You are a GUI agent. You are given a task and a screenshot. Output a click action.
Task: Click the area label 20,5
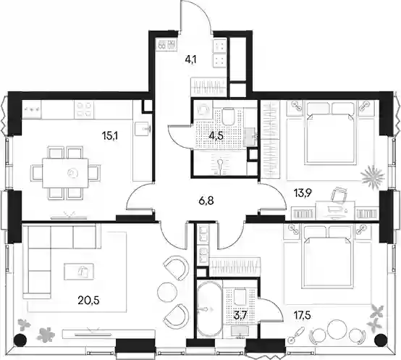click(88, 301)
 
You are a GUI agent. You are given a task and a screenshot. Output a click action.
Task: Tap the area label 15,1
click(110, 136)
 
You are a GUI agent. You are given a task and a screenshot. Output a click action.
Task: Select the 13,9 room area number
click(302, 192)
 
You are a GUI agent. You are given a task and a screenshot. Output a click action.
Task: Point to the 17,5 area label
click(302, 316)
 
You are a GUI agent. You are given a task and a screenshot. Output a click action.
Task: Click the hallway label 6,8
click(206, 201)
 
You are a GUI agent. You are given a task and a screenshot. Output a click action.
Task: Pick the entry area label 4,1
click(190, 61)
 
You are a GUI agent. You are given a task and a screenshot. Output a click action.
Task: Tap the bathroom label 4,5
click(216, 136)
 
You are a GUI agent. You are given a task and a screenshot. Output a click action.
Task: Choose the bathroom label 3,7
click(240, 316)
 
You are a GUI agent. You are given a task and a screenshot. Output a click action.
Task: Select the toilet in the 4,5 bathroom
click(228, 116)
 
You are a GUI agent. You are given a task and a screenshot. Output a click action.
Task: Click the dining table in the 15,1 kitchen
click(66, 173)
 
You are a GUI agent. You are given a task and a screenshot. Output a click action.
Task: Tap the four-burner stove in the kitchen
click(84, 109)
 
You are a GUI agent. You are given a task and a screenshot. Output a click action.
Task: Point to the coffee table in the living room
click(79, 271)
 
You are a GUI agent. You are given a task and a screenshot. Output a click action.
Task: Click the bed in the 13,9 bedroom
click(330, 133)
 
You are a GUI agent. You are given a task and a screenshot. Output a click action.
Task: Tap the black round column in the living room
click(20, 340)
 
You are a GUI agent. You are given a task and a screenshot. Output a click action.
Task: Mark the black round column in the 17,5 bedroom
click(381, 340)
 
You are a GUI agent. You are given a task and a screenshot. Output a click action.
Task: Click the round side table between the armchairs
click(167, 292)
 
